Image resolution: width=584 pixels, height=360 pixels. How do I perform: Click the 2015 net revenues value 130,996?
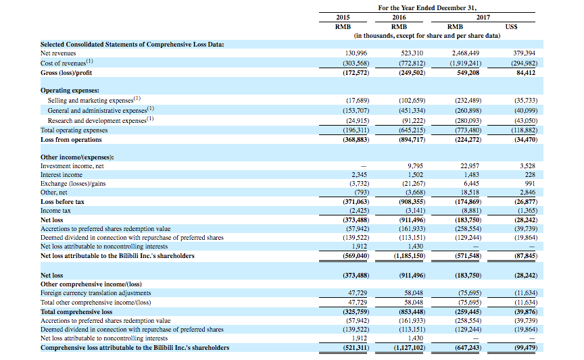coord(356,53)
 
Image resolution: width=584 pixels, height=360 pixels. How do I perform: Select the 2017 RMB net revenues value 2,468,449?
coord(466,53)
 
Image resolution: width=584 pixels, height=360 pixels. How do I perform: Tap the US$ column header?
coord(511,27)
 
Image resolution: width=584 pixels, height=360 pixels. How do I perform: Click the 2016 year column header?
coord(399,17)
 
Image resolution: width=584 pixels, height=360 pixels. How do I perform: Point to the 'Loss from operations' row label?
coord(71,140)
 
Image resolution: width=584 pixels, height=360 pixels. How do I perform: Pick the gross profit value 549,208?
coord(468,72)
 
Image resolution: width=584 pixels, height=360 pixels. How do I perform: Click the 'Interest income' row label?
coord(62,175)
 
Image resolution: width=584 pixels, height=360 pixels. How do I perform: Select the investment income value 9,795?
coord(415,166)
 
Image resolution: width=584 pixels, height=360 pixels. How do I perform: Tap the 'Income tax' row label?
coord(55,210)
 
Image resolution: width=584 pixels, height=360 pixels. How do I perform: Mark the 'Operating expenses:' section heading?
coord(70,90)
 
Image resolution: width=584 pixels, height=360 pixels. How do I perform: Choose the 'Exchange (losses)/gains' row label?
coord(73,184)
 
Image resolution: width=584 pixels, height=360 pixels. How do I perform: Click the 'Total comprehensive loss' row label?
coord(76,311)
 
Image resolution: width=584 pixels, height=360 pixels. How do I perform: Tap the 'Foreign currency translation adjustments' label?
coord(96,293)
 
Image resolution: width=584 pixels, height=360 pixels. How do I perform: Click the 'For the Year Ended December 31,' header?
coord(427,8)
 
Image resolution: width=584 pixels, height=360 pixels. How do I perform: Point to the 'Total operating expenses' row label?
coord(74,130)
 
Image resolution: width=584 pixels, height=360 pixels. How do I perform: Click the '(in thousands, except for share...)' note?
coord(427,36)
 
